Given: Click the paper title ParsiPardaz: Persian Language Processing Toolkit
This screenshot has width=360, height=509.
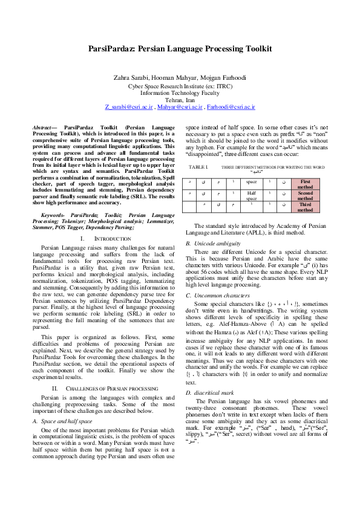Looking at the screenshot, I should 180,48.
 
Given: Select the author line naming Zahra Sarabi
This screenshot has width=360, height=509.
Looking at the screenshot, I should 180,77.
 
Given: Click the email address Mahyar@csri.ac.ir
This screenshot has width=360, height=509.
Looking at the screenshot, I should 180,106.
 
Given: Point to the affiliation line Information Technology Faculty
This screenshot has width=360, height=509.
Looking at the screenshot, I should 180,93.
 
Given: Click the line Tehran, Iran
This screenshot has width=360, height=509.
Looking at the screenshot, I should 180,100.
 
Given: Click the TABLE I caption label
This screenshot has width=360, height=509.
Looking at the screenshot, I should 198,166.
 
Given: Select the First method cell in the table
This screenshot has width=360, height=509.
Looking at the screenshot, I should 306,184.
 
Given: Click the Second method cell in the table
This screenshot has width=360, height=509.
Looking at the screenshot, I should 306,196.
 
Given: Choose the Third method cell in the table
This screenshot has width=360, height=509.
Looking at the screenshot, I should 306,207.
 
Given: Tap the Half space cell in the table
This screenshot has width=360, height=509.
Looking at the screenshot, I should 252,196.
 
